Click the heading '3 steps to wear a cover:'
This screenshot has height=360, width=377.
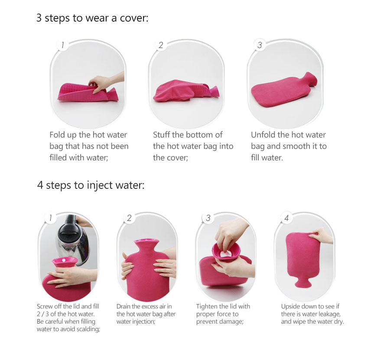(x=92, y=18)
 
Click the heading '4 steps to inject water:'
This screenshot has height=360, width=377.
(x=91, y=185)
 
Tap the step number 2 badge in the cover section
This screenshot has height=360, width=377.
(x=161, y=45)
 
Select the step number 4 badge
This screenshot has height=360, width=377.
(x=286, y=218)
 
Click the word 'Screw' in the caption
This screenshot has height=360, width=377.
(x=45, y=306)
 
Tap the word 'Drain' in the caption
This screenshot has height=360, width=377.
(x=123, y=306)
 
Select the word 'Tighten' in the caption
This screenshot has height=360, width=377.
(x=206, y=306)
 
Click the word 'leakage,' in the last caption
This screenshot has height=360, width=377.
(x=330, y=314)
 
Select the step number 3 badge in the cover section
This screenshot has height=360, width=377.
(x=260, y=45)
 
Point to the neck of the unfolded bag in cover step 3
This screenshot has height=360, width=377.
(x=310, y=79)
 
